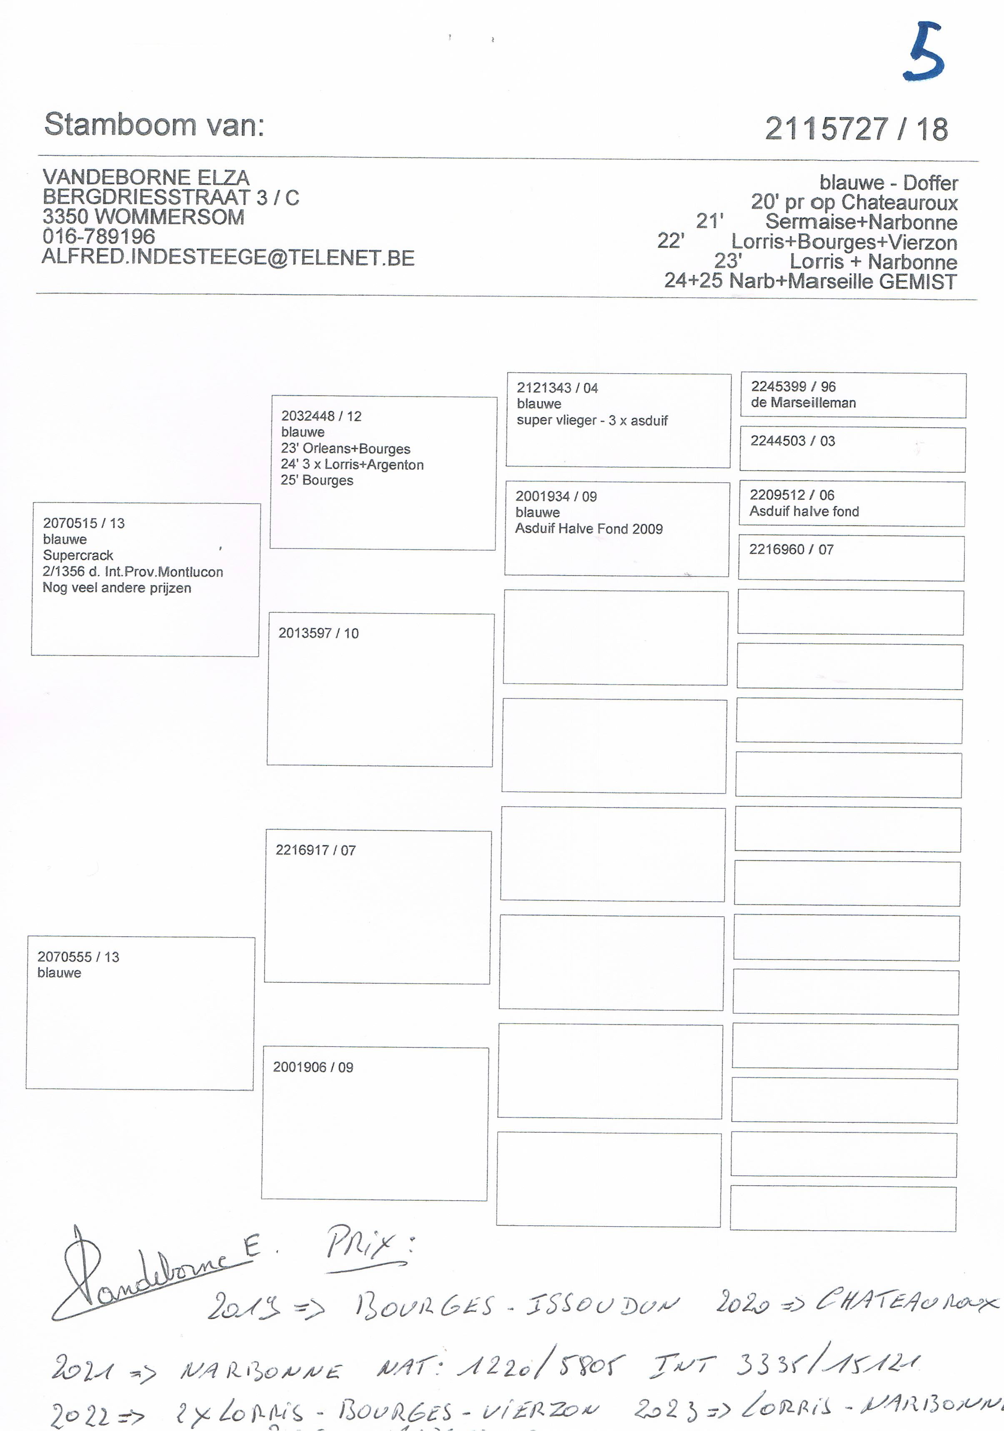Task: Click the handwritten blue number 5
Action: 924,52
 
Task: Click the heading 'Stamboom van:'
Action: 154,125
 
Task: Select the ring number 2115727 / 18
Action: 856,130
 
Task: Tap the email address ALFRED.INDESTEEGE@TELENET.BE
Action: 228,257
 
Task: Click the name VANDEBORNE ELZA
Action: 146,178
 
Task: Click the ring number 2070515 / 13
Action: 84,524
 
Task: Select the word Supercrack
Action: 78,555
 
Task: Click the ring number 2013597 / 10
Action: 318,633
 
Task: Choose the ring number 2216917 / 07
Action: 315,850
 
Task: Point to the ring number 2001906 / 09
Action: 313,1067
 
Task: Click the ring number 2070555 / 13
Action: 78,957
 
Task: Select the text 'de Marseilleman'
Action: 803,403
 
